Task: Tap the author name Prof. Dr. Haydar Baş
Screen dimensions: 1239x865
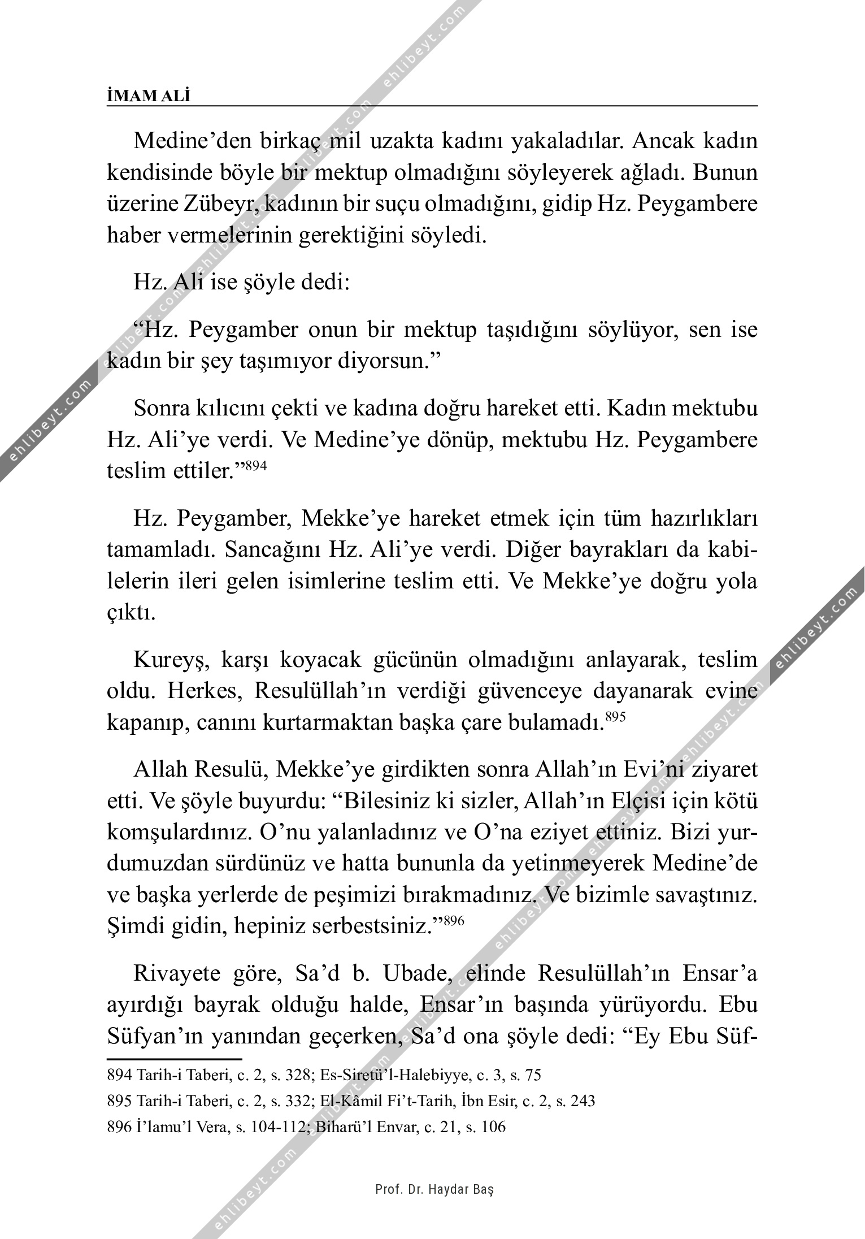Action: [x=434, y=1189]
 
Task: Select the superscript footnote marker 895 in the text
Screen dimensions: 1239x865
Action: [x=615, y=717]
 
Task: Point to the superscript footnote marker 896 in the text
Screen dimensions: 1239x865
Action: [x=453, y=921]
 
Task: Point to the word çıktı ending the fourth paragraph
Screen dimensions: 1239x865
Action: [x=131, y=613]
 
